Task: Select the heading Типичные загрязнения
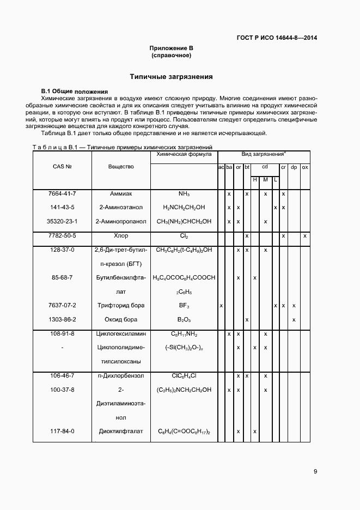171,77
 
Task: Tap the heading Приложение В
172,48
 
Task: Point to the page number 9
315,471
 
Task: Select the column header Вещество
121,167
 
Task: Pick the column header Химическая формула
184,155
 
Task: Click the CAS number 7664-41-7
63,193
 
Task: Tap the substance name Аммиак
121,193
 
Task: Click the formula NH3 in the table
184,194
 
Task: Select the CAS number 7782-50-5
63,235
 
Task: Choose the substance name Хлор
121,235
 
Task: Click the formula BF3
184,306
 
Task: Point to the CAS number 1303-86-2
63,319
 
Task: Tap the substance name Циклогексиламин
121,333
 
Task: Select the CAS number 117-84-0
63,431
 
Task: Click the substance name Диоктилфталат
121,431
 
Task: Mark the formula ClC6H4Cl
184,376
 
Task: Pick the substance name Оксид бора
121,319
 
